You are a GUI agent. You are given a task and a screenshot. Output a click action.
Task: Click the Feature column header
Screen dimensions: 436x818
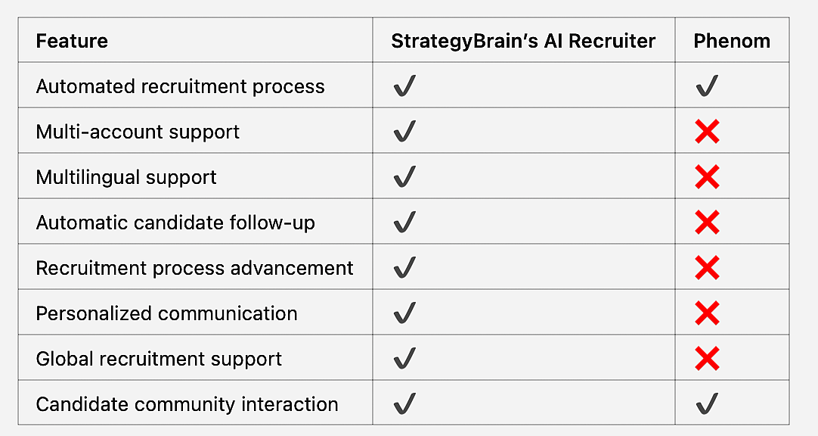click(72, 41)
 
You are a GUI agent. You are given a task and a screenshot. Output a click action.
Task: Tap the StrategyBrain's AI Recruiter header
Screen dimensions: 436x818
click(523, 41)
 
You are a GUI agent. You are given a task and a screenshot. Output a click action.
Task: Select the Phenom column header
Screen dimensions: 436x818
click(732, 41)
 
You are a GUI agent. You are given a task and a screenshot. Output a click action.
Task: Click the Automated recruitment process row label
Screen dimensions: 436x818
click(180, 86)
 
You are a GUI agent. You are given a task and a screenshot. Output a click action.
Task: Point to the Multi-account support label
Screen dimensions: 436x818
click(138, 132)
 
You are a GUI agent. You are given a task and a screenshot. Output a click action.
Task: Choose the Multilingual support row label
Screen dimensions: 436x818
click(126, 177)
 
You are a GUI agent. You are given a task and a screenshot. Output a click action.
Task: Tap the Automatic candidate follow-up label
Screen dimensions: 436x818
click(175, 223)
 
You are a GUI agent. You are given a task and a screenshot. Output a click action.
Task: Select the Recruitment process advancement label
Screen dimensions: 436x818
click(194, 268)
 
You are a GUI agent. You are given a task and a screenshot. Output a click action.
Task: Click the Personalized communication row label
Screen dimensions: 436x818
click(166, 313)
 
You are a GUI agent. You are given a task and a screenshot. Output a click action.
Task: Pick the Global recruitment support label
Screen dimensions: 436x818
click(159, 359)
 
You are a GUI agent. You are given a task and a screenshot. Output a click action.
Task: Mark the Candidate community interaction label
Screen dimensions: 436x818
click(187, 404)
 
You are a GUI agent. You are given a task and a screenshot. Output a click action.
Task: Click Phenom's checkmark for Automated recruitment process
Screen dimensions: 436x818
click(707, 86)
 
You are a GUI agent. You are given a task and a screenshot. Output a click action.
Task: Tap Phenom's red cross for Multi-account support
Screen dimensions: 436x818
click(707, 132)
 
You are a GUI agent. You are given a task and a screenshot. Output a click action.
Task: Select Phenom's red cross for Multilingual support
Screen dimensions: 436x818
click(707, 177)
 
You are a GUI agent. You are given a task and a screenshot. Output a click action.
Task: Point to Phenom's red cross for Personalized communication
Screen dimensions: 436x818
click(707, 313)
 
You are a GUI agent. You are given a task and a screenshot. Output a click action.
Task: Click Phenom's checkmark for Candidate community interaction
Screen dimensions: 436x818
click(707, 404)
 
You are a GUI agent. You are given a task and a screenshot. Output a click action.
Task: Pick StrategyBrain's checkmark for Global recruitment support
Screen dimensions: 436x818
click(404, 358)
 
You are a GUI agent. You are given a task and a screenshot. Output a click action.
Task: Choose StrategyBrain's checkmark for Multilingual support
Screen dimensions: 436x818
click(404, 177)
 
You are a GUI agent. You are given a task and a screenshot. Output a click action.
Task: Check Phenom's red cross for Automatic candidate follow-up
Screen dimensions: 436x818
click(707, 223)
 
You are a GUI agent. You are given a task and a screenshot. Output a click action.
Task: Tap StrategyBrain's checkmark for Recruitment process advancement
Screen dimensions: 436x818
click(404, 268)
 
